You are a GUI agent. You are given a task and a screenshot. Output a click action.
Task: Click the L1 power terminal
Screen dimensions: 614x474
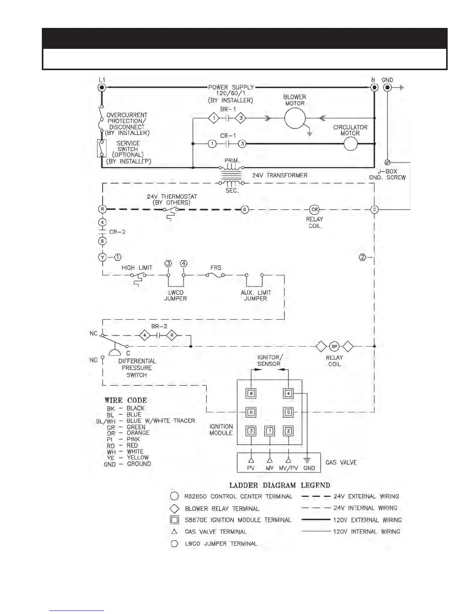tap(102, 88)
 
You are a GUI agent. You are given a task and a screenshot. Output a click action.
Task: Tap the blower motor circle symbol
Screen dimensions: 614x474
tap(295, 118)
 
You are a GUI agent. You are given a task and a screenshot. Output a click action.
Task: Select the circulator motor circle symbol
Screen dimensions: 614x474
tap(350, 144)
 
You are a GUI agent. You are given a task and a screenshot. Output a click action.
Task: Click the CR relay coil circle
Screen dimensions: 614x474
tap(314, 209)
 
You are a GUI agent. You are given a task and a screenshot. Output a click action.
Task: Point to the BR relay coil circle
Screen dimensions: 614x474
tap(334, 346)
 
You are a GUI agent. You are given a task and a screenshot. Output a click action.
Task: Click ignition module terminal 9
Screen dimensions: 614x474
tap(251, 393)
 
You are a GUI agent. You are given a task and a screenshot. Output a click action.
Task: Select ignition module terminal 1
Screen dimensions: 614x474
tap(270, 431)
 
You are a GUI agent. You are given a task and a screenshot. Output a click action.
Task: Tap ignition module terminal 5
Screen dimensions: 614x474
tap(288, 412)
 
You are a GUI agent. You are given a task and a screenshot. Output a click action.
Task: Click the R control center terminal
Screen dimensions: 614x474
tap(102, 209)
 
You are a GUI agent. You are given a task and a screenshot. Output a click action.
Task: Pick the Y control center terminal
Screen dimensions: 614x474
tap(102, 257)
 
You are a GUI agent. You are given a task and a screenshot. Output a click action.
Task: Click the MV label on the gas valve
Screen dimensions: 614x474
tap(270, 468)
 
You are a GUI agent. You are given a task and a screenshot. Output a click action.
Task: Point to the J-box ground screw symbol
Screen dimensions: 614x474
tap(387, 162)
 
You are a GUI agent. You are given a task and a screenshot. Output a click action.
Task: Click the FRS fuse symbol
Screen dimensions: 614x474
tap(215, 275)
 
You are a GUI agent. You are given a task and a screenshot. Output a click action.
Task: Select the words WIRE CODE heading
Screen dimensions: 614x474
tap(125, 400)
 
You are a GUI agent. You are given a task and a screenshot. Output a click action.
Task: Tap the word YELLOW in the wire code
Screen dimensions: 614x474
tap(137, 457)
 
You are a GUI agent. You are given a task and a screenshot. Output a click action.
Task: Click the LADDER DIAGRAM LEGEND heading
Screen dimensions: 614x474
tap(280, 485)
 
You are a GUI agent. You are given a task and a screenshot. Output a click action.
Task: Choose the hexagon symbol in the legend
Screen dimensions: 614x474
tap(175, 543)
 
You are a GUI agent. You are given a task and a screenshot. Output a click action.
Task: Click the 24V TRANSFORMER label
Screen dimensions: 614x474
tap(280, 175)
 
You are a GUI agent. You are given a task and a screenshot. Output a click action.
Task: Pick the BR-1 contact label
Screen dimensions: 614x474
tap(228, 109)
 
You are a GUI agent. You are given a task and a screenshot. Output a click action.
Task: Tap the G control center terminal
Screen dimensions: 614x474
tap(244, 209)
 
